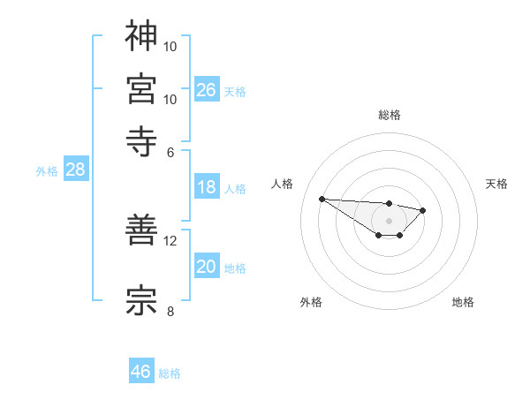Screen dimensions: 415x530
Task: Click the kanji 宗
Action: pyautogui.click(x=142, y=299)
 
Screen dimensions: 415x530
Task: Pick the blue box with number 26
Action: pyautogui.click(x=207, y=89)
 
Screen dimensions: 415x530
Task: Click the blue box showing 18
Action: pyautogui.click(x=207, y=187)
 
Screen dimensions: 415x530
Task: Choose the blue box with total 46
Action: pyautogui.click(x=141, y=372)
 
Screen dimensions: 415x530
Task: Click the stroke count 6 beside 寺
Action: pyautogui.click(x=170, y=151)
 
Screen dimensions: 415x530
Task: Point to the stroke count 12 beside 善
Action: pyautogui.click(x=170, y=239)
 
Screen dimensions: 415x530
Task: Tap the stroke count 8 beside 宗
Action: pyautogui.click(x=170, y=310)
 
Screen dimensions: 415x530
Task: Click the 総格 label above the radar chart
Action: pyautogui.click(x=389, y=115)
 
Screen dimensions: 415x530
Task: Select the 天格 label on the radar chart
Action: pyautogui.click(x=496, y=184)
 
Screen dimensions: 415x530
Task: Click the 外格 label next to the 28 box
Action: pyautogui.click(x=47, y=172)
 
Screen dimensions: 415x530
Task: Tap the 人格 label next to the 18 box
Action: pyautogui.click(x=235, y=189)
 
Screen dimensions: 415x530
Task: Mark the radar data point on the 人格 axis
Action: pyautogui.click(x=322, y=199)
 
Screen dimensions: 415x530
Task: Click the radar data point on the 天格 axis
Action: pyautogui.click(x=423, y=210)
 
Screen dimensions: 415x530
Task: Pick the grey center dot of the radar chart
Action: pyautogui.click(x=389, y=221)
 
